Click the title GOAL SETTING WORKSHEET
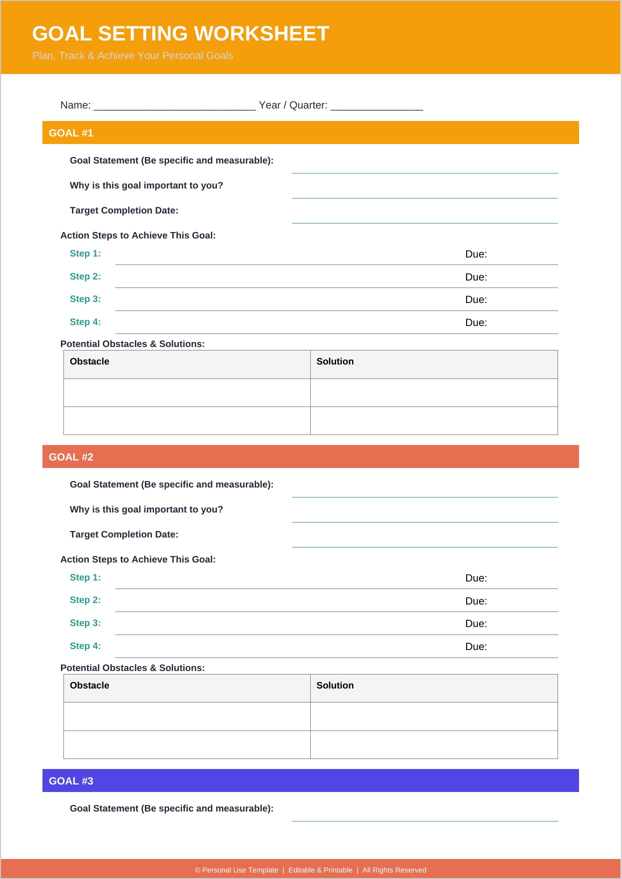(x=180, y=34)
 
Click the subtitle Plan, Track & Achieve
(x=132, y=55)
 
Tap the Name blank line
(x=174, y=105)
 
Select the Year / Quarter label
(x=293, y=105)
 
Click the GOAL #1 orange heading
(x=71, y=133)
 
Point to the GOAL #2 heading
(x=71, y=457)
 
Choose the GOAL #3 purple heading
(x=71, y=781)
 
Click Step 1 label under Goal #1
(x=85, y=253)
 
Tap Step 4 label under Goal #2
(x=85, y=646)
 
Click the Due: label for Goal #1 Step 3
(x=476, y=299)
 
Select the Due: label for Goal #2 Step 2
(x=476, y=601)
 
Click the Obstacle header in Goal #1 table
(x=89, y=361)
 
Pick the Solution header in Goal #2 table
(x=335, y=685)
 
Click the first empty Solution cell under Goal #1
(x=434, y=393)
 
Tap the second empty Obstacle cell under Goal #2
(x=187, y=744)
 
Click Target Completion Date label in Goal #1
(x=124, y=210)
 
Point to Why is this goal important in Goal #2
(x=146, y=509)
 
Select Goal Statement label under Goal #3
(x=171, y=808)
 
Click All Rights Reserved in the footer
(x=394, y=870)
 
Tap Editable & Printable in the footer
(x=320, y=870)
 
